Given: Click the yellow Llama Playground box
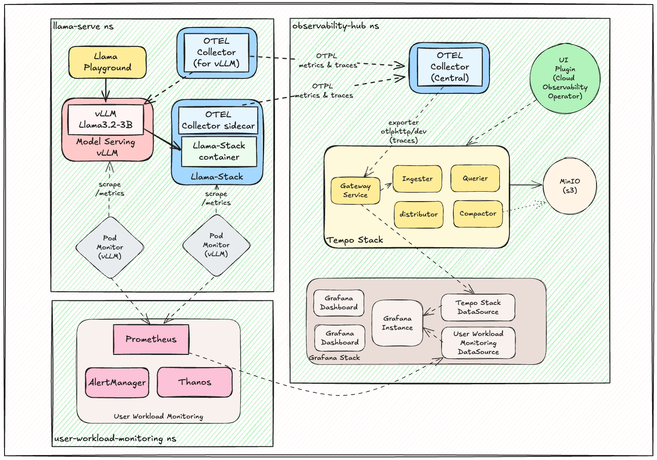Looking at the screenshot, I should [107, 62].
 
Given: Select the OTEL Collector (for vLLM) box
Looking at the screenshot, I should [216, 52].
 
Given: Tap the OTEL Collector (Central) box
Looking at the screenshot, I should [449, 67].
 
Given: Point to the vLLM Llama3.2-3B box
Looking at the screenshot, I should [106, 120].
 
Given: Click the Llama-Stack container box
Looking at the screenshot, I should [219, 152].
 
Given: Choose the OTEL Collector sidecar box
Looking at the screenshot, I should [218, 120].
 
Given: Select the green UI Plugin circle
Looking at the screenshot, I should [564, 78].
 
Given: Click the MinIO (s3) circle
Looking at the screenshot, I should [569, 186].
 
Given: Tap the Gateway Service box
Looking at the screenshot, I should [355, 190].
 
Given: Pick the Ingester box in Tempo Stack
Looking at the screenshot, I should [417, 179].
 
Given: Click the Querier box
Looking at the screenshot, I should [475, 179].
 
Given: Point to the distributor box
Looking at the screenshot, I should [418, 214].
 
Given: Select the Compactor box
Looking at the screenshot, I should [478, 214].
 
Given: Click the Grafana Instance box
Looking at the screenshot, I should [397, 323].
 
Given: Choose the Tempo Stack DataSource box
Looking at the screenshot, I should [478, 307].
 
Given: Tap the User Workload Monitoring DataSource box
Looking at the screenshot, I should [478, 343].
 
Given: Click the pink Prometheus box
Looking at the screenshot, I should [151, 339].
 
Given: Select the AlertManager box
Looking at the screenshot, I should [117, 382].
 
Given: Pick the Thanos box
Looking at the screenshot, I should [195, 382].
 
